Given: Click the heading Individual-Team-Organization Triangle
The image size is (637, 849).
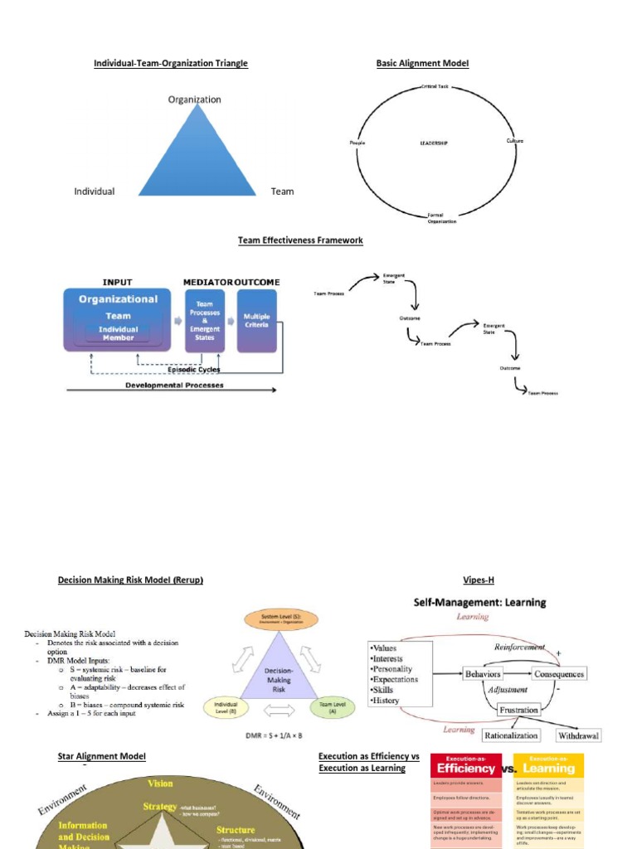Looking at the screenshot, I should click(171, 63).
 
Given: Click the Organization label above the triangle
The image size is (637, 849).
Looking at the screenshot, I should click(195, 99).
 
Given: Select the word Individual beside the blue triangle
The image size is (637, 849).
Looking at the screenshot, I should click(95, 192).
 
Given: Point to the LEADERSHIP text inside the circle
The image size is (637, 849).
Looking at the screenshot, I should click(434, 143).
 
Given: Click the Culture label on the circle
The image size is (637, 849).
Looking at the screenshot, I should click(514, 141).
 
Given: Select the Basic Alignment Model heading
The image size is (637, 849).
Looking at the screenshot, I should click(422, 63).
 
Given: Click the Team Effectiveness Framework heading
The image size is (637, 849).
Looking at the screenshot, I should click(300, 240).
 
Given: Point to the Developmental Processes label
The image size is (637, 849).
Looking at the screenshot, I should click(174, 386).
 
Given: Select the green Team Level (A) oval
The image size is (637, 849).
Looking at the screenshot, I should click(332, 707).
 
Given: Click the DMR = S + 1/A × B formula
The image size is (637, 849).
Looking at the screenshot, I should click(280, 735).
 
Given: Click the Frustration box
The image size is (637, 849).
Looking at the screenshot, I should click(518, 710).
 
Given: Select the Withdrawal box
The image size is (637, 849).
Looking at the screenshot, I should click(578, 735).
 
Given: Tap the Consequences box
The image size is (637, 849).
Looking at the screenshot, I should click(559, 674).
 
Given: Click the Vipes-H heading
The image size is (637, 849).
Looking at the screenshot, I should click(479, 580).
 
